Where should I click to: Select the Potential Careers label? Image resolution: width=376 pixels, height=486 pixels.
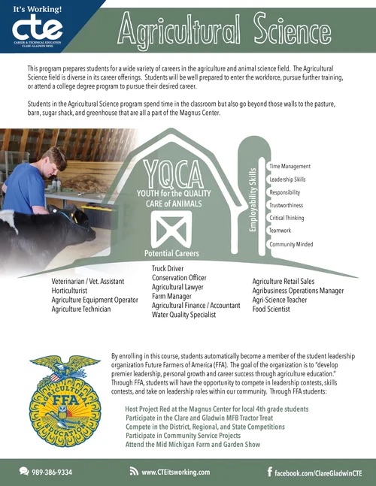pos(171,254)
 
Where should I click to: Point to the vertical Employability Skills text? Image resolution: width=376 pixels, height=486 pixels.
pos(253,207)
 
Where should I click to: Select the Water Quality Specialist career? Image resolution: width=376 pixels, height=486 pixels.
pos(183,315)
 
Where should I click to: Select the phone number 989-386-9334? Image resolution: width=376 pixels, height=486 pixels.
pos(50,472)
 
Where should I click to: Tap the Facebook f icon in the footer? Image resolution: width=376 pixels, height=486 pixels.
pos(270,471)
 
